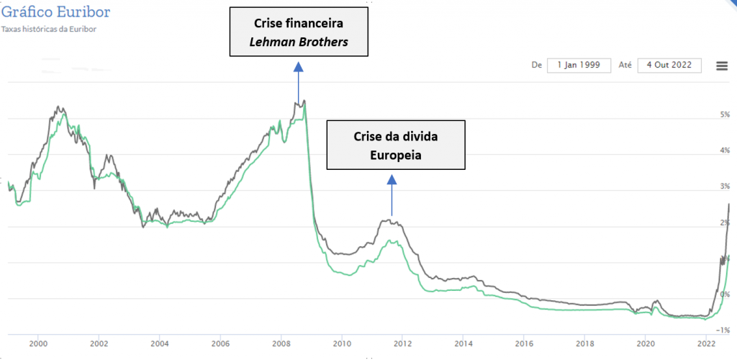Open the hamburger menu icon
pos(722,66)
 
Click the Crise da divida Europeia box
pos(396,145)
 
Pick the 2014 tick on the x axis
pos(464,343)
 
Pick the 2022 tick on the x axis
pos(706,343)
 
